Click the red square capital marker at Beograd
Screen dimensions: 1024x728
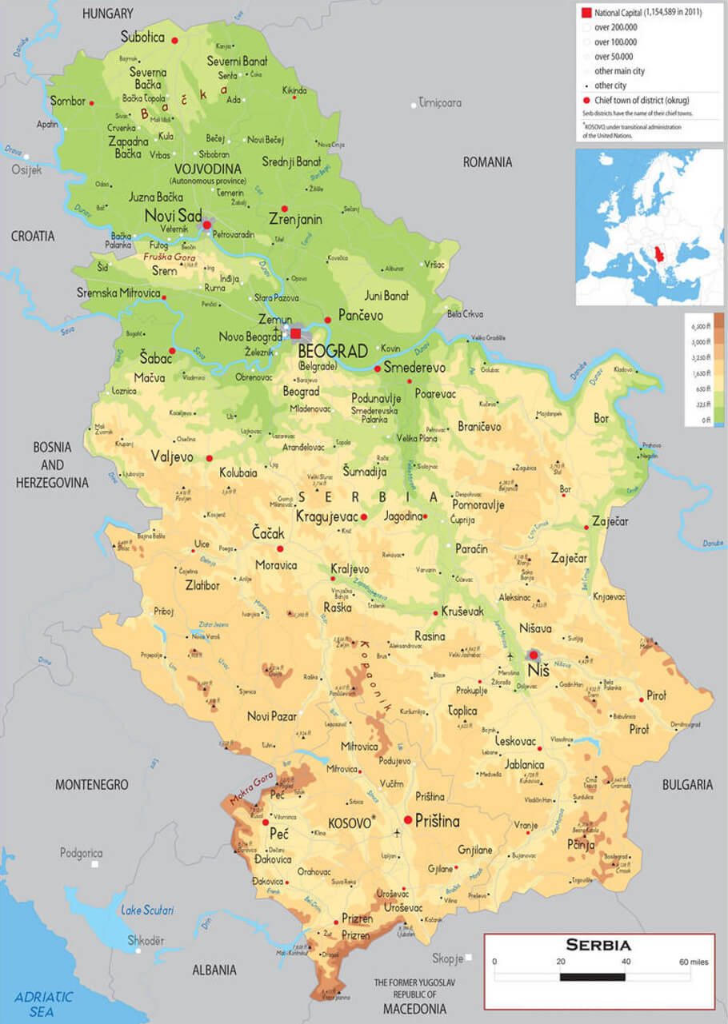click(x=296, y=333)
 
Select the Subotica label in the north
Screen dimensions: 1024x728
click(x=142, y=37)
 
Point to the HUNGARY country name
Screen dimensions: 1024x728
click(x=107, y=14)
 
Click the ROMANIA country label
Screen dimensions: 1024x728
click(x=487, y=162)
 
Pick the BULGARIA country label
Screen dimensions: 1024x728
click(x=686, y=785)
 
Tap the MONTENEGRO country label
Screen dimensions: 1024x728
click(x=91, y=785)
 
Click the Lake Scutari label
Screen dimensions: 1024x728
click(x=147, y=910)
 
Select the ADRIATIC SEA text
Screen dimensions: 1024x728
click(x=44, y=1004)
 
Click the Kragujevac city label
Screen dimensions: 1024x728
click(x=326, y=516)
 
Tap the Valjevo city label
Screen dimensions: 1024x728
click(x=172, y=456)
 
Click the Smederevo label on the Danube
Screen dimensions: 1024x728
click(x=414, y=368)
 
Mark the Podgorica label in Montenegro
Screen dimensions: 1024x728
click(x=81, y=853)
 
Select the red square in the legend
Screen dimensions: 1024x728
click(x=586, y=13)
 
